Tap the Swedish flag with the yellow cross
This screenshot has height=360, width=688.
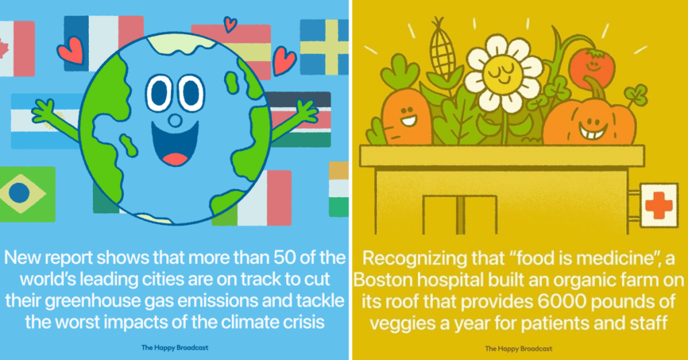click(x=324, y=47)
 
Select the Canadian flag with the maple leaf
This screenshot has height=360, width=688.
click(x=17, y=48)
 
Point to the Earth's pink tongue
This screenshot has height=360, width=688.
click(x=176, y=159)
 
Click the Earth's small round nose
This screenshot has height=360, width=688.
click(x=175, y=120)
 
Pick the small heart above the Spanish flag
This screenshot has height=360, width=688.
click(x=230, y=24)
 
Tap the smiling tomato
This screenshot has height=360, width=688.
click(x=592, y=67)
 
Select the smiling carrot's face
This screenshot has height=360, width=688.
click(x=407, y=116)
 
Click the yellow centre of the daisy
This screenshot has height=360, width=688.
click(x=503, y=73)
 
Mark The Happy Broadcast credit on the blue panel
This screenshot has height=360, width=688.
click(x=174, y=348)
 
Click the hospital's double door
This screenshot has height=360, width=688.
click(x=459, y=214)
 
